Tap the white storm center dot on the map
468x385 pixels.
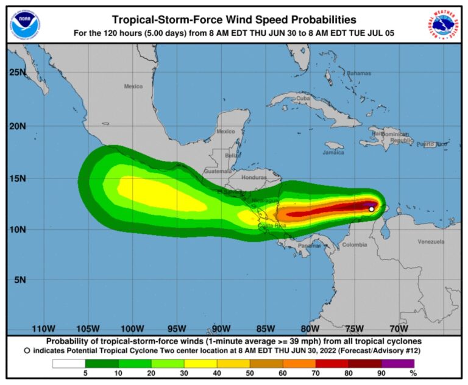[x=371, y=209]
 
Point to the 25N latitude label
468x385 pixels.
[x=18, y=72]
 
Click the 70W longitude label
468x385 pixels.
[x=399, y=328]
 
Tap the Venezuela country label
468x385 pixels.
[x=431, y=242]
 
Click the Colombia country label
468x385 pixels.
[x=354, y=245]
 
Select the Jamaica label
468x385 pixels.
[x=333, y=152]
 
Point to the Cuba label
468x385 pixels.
[x=303, y=98]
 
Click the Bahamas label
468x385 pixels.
[x=359, y=74]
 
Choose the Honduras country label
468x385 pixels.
[x=254, y=177]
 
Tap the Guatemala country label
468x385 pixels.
[x=218, y=171]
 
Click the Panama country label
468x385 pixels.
[x=310, y=245]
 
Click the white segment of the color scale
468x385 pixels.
[x=68, y=364]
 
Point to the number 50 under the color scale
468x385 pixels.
[x=249, y=373]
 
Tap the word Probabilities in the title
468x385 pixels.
[x=315, y=19]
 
